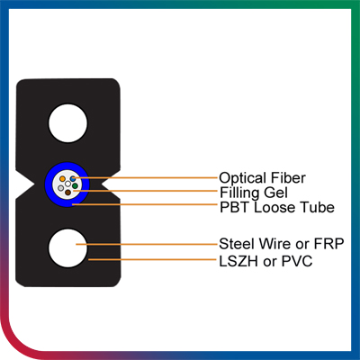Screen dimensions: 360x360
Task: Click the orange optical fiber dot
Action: pos(62,179)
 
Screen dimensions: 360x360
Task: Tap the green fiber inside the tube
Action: pos(75,186)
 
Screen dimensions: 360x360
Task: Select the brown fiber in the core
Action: pos(68,193)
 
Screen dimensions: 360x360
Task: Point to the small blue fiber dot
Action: pos(73,179)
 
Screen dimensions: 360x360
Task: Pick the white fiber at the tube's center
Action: pos(67,184)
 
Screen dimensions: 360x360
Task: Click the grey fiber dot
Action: pos(61,188)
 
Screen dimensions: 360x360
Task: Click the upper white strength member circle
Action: pos(68,122)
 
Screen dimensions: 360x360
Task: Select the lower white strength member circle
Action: pos(67,248)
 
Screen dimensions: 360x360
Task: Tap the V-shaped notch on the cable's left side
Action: pos(25,184)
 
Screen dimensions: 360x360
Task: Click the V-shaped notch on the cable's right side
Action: pos(111,184)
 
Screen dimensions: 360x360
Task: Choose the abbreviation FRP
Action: pos(328,244)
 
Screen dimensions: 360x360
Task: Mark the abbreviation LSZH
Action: pos(238,261)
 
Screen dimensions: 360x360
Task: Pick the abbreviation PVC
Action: pos(297,261)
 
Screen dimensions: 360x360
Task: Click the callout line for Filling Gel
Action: pos(145,191)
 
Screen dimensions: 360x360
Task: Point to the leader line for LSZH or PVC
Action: pos(153,259)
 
